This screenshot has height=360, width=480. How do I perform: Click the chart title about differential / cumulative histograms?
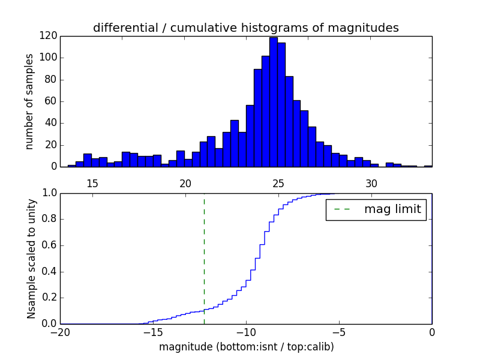[246, 28]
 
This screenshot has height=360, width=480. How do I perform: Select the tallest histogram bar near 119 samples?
[273, 102]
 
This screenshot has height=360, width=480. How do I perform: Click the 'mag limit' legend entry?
[376, 209]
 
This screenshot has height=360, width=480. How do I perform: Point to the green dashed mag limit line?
[204, 258]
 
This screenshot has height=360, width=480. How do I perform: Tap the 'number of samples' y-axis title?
[29, 101]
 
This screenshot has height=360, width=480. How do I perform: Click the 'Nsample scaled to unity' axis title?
[31, 259]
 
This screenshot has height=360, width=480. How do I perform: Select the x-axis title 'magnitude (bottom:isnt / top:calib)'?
[246, 347]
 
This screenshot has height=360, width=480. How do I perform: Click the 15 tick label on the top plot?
[92, 183]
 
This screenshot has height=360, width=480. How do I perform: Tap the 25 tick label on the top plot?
[278, 183]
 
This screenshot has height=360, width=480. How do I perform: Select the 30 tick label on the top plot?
[371, 183]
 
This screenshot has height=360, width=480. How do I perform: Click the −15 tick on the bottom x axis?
[152, 332]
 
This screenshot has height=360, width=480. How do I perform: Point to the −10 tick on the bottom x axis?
[245, 332]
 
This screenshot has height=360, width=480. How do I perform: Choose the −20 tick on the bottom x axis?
[60, 332]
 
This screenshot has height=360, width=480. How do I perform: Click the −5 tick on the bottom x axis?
[338, 332]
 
